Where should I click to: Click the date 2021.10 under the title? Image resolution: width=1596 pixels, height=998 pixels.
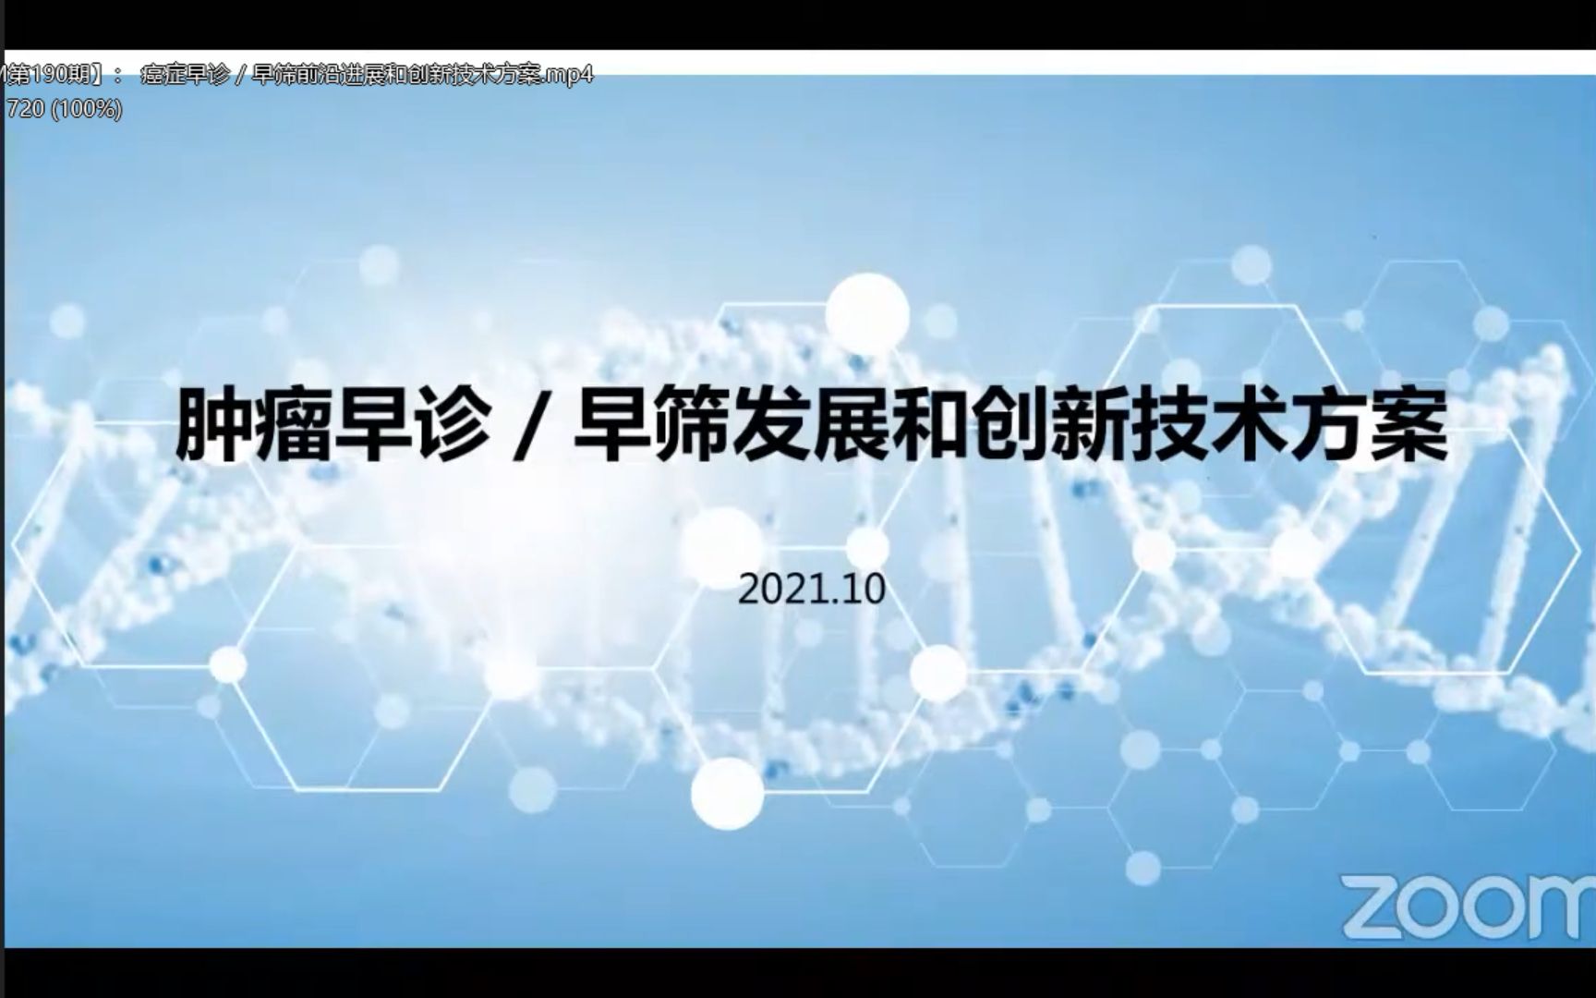(811, 590)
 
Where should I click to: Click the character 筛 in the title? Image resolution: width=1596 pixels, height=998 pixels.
(692, 426)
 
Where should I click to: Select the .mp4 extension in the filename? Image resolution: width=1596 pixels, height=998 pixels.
(568, 75)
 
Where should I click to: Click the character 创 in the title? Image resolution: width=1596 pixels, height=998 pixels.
(1010, 426)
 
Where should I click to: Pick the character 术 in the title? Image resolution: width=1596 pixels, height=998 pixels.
(1248, 426)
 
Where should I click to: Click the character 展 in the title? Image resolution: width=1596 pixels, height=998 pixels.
(851, 426)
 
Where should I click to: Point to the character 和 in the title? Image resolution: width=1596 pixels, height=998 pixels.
(930, 426)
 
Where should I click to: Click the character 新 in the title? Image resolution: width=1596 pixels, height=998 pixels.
(1089, 426)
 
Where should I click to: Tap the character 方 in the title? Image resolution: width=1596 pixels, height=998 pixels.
(1327, 426)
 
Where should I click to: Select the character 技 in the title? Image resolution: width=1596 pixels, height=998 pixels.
(1168, 426)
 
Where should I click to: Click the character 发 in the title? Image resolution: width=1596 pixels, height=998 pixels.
(771, 426)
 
